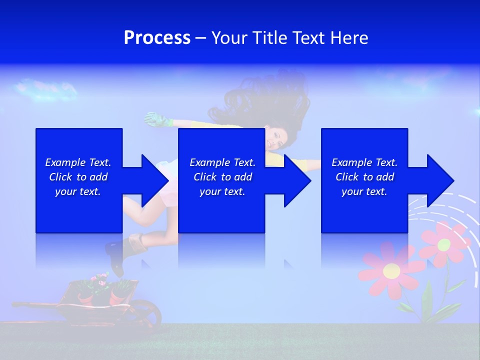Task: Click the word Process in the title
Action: click(157, 38)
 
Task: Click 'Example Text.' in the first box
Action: click(78, 162)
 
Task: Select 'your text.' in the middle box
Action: click(222, 191)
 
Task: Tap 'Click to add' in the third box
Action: click(364, 177)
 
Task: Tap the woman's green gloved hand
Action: click(156, 119)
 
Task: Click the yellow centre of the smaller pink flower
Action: click(444, 244)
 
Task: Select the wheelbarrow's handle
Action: click(30, 304)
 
